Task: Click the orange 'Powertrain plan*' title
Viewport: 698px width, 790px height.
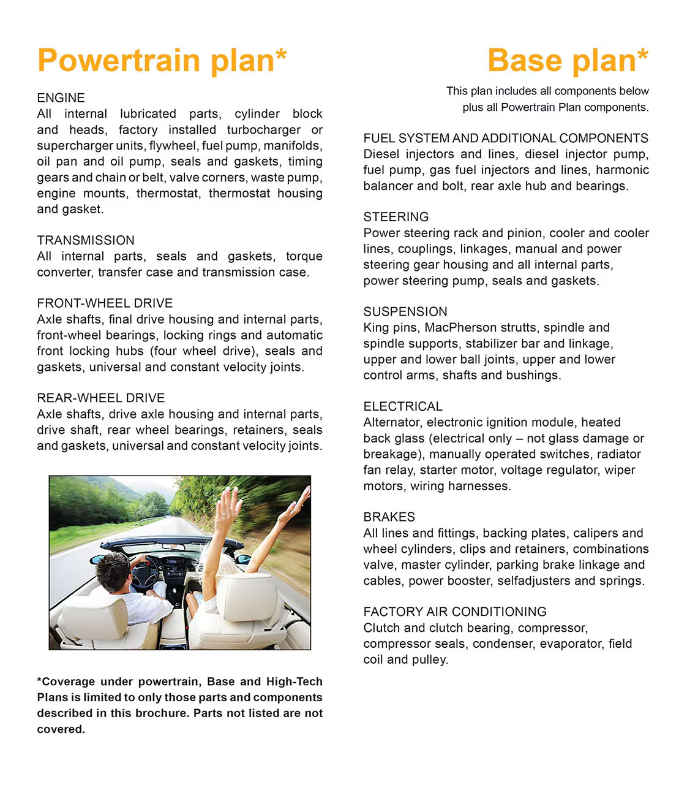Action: (162, 61)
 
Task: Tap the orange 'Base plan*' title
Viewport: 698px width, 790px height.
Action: (568, 61)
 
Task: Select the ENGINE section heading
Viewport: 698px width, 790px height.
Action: (61, 98)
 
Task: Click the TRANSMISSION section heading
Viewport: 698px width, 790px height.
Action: (86, 240)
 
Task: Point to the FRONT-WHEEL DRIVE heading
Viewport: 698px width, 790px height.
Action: (105, 303)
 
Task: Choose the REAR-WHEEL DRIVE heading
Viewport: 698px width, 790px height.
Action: (101, 398)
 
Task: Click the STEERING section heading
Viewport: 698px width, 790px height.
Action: (396, 217)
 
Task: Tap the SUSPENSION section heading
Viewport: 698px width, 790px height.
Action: (405, 312)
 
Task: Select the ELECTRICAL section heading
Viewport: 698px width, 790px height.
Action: (403, 407)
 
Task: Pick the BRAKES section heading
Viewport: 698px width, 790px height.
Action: (389, 517)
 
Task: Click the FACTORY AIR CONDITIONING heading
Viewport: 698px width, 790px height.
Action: (455, 612)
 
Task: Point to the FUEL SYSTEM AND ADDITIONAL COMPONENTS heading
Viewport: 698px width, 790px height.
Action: (506, 139)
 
